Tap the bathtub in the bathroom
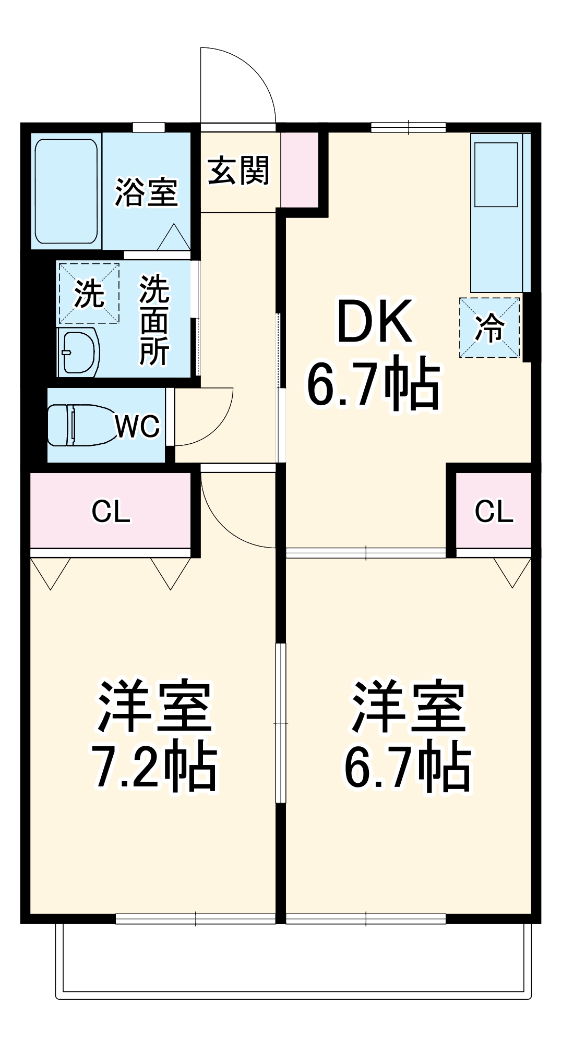coord(66,191)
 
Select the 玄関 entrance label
coord(238,171)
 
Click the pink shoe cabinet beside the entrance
coord(300,169)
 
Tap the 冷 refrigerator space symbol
coord(489,328)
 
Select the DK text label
coord(375,322)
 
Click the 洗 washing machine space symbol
coord(89,294)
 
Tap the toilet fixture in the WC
coord(78,425)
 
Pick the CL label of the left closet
coord(111,512)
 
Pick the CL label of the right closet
coord(494,512)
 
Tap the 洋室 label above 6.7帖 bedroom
coord(408,706)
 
